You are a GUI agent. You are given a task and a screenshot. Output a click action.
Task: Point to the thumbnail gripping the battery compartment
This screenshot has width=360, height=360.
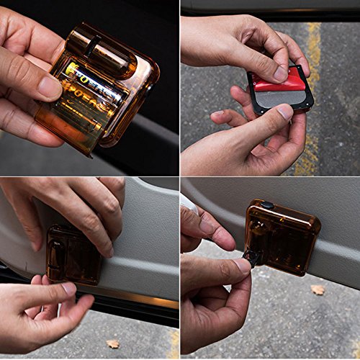50,88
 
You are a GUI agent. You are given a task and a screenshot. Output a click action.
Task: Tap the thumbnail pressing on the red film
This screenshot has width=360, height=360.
279,73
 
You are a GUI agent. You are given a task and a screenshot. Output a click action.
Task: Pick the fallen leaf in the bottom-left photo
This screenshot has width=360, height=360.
112,344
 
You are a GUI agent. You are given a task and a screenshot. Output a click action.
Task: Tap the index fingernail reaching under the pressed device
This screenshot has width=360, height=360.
68,288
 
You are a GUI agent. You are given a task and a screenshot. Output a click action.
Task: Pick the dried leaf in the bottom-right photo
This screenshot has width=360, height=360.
318,289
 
